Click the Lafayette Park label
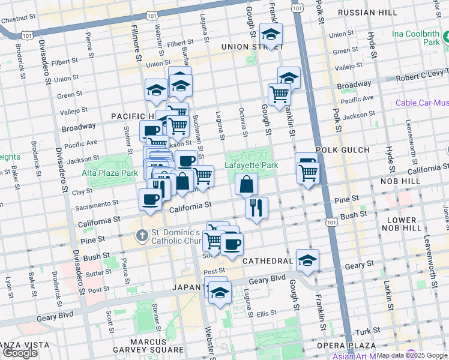tap(251, 165)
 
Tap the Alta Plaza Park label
tap(110, 173)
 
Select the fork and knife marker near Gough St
tap(256, 208)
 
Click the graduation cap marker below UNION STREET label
tap(271, 34)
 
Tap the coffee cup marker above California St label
tap(150, 200)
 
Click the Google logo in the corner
tap(20, 353)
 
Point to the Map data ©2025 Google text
tap(411, 355)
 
